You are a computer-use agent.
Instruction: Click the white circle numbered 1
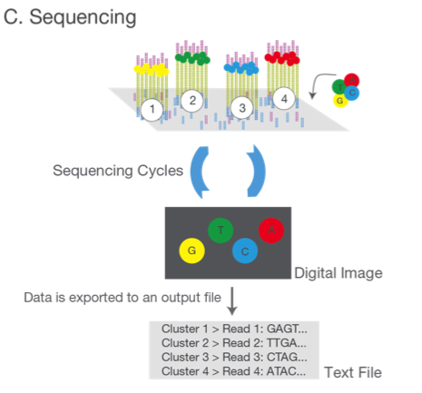point(152,109)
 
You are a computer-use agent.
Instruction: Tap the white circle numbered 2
point(192,101)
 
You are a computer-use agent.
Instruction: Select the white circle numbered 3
point(242,108)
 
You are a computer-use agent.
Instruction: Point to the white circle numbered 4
point(284,99)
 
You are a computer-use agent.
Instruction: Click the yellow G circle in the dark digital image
point(191,251)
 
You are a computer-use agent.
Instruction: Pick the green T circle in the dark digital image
point(221,231)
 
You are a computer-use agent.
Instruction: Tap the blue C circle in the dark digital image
point(245,251)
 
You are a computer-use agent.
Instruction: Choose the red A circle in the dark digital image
point(271,231)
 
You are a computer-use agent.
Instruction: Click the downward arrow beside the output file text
point(232,301)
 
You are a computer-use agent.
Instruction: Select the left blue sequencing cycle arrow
point(197,172)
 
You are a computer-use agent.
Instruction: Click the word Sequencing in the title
point(83,17)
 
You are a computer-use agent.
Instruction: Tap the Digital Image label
point(339,273)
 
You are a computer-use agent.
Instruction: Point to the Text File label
point(353,372)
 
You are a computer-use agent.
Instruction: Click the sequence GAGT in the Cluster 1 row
point(287,329)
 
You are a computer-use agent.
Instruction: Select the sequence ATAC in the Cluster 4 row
point(286,371)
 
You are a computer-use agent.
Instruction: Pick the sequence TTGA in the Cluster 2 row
point(287,343)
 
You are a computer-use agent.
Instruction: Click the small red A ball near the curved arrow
point(351,81)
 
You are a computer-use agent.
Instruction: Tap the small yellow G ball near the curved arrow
point(340,100)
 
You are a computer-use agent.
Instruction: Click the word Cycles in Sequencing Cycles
point(161,171)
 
